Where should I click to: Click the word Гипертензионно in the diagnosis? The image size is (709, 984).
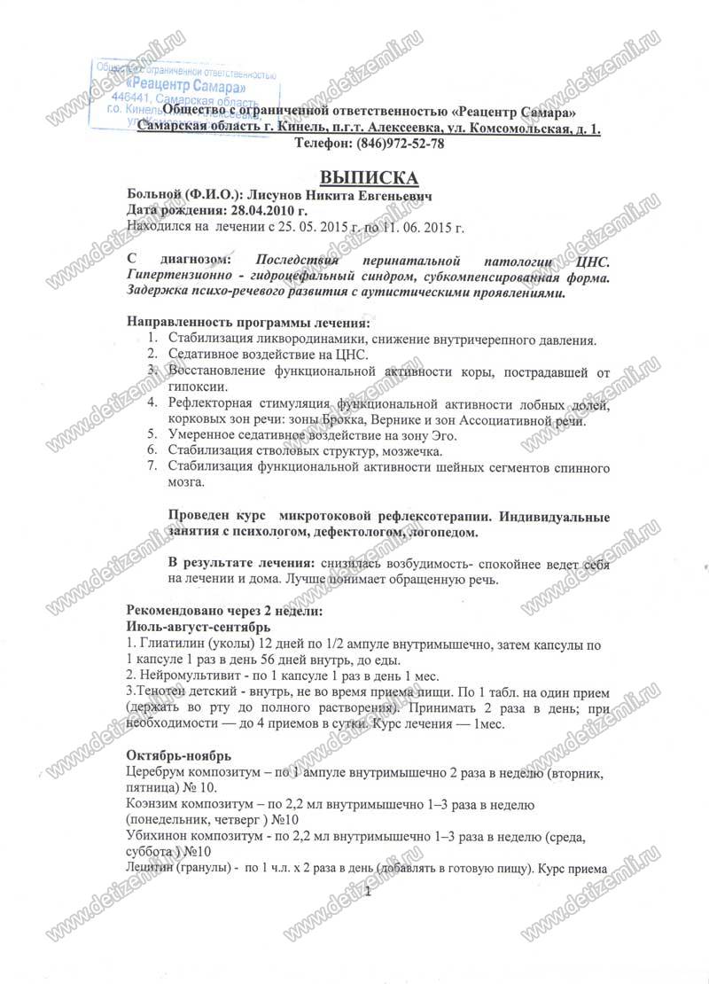(x=178, y=277)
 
